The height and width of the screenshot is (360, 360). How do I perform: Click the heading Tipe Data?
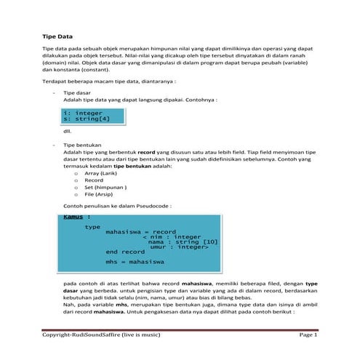pos(57,35)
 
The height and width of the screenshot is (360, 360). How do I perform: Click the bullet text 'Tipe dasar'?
pos(77,94)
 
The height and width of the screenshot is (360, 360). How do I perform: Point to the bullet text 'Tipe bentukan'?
pos(82,144)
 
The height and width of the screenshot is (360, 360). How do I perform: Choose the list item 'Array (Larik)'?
pos(103,175)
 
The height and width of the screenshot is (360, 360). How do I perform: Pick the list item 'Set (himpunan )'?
pos(106,188)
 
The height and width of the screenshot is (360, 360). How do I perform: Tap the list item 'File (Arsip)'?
pos(101,195)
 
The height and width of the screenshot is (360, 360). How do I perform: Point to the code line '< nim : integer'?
pos(171,237)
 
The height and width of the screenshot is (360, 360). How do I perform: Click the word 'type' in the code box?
pos(92,226)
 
